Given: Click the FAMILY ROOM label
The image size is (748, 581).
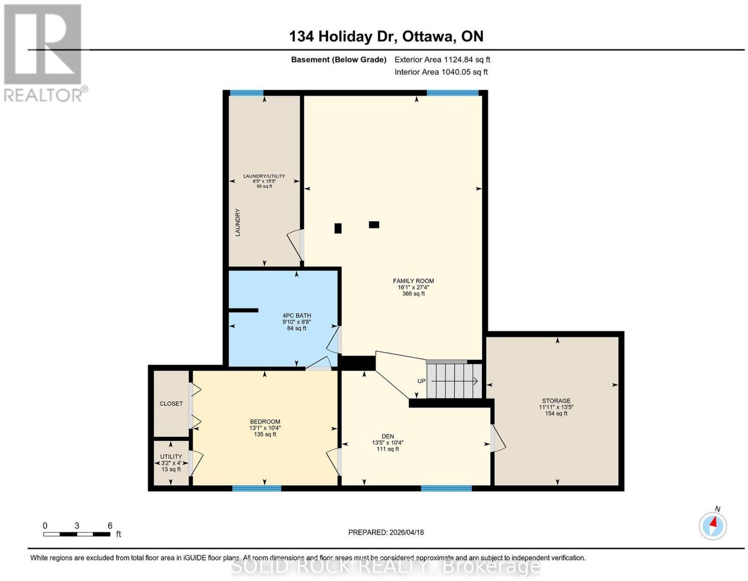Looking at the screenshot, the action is (x=413, y=281).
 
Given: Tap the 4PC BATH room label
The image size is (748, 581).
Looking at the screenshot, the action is (x=296, y=315).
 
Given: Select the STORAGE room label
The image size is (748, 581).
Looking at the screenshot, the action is (x=556, y=401).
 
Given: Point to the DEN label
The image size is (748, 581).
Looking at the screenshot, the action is (x=388, y=436).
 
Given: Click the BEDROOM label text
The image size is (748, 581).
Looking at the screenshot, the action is (x=265, y=422).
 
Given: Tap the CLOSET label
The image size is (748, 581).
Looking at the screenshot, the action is (x=171, y=403).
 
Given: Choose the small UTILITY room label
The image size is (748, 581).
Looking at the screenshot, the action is (x=171, y=457).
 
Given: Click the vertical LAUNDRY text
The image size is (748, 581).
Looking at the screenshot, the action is (x=237, y=222).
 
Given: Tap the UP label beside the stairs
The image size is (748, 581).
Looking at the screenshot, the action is (x=421, y=381).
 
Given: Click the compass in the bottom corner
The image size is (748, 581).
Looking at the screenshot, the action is (x=712, y=526).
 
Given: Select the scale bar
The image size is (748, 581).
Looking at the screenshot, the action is (x=77, y=534).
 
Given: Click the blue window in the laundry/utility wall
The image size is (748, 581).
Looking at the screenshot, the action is (x=246, y=93).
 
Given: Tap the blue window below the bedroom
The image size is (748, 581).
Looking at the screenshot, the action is (x=257, y=488).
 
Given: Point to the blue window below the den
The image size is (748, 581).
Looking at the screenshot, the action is (x=446, y=488).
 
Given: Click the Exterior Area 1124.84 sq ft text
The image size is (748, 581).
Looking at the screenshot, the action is (x=442, y=59).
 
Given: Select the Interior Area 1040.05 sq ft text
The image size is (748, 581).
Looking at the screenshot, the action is (x=441, y=72).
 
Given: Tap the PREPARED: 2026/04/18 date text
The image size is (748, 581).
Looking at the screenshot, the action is (x=386, y=532).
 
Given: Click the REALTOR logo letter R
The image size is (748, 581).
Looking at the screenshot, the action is (x=43, y=44).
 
